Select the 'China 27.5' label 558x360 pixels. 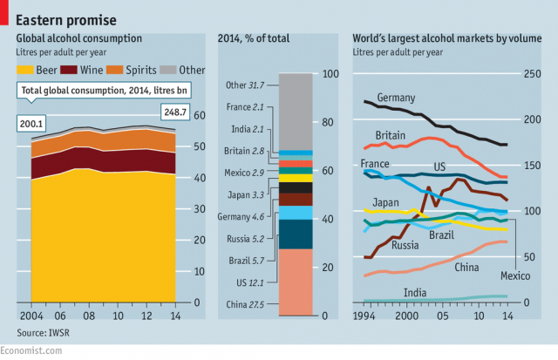coord(245,303)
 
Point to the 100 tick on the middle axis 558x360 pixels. coord(330,74)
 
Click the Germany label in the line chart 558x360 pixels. coord(396,97)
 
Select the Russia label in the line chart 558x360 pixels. coord(405,245)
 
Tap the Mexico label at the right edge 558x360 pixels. coord(515,275)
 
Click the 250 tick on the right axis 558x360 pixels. coord(532,74)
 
